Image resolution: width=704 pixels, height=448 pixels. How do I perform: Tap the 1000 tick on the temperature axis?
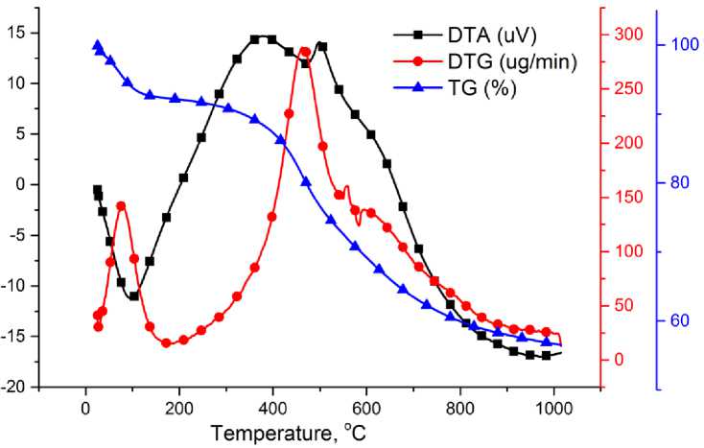pos(553,404)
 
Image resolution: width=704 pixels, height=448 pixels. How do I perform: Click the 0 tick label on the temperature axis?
pos(85,404)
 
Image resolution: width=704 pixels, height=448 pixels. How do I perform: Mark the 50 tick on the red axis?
pos(626,306)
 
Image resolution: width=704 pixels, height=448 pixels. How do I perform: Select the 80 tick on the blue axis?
pos(679,182)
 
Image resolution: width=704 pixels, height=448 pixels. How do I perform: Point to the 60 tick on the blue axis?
pos(679,320)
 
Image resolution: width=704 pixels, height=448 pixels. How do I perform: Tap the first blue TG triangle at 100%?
pos(97,45)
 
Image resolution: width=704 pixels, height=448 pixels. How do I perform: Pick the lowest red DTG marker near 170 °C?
pos(166,342)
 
